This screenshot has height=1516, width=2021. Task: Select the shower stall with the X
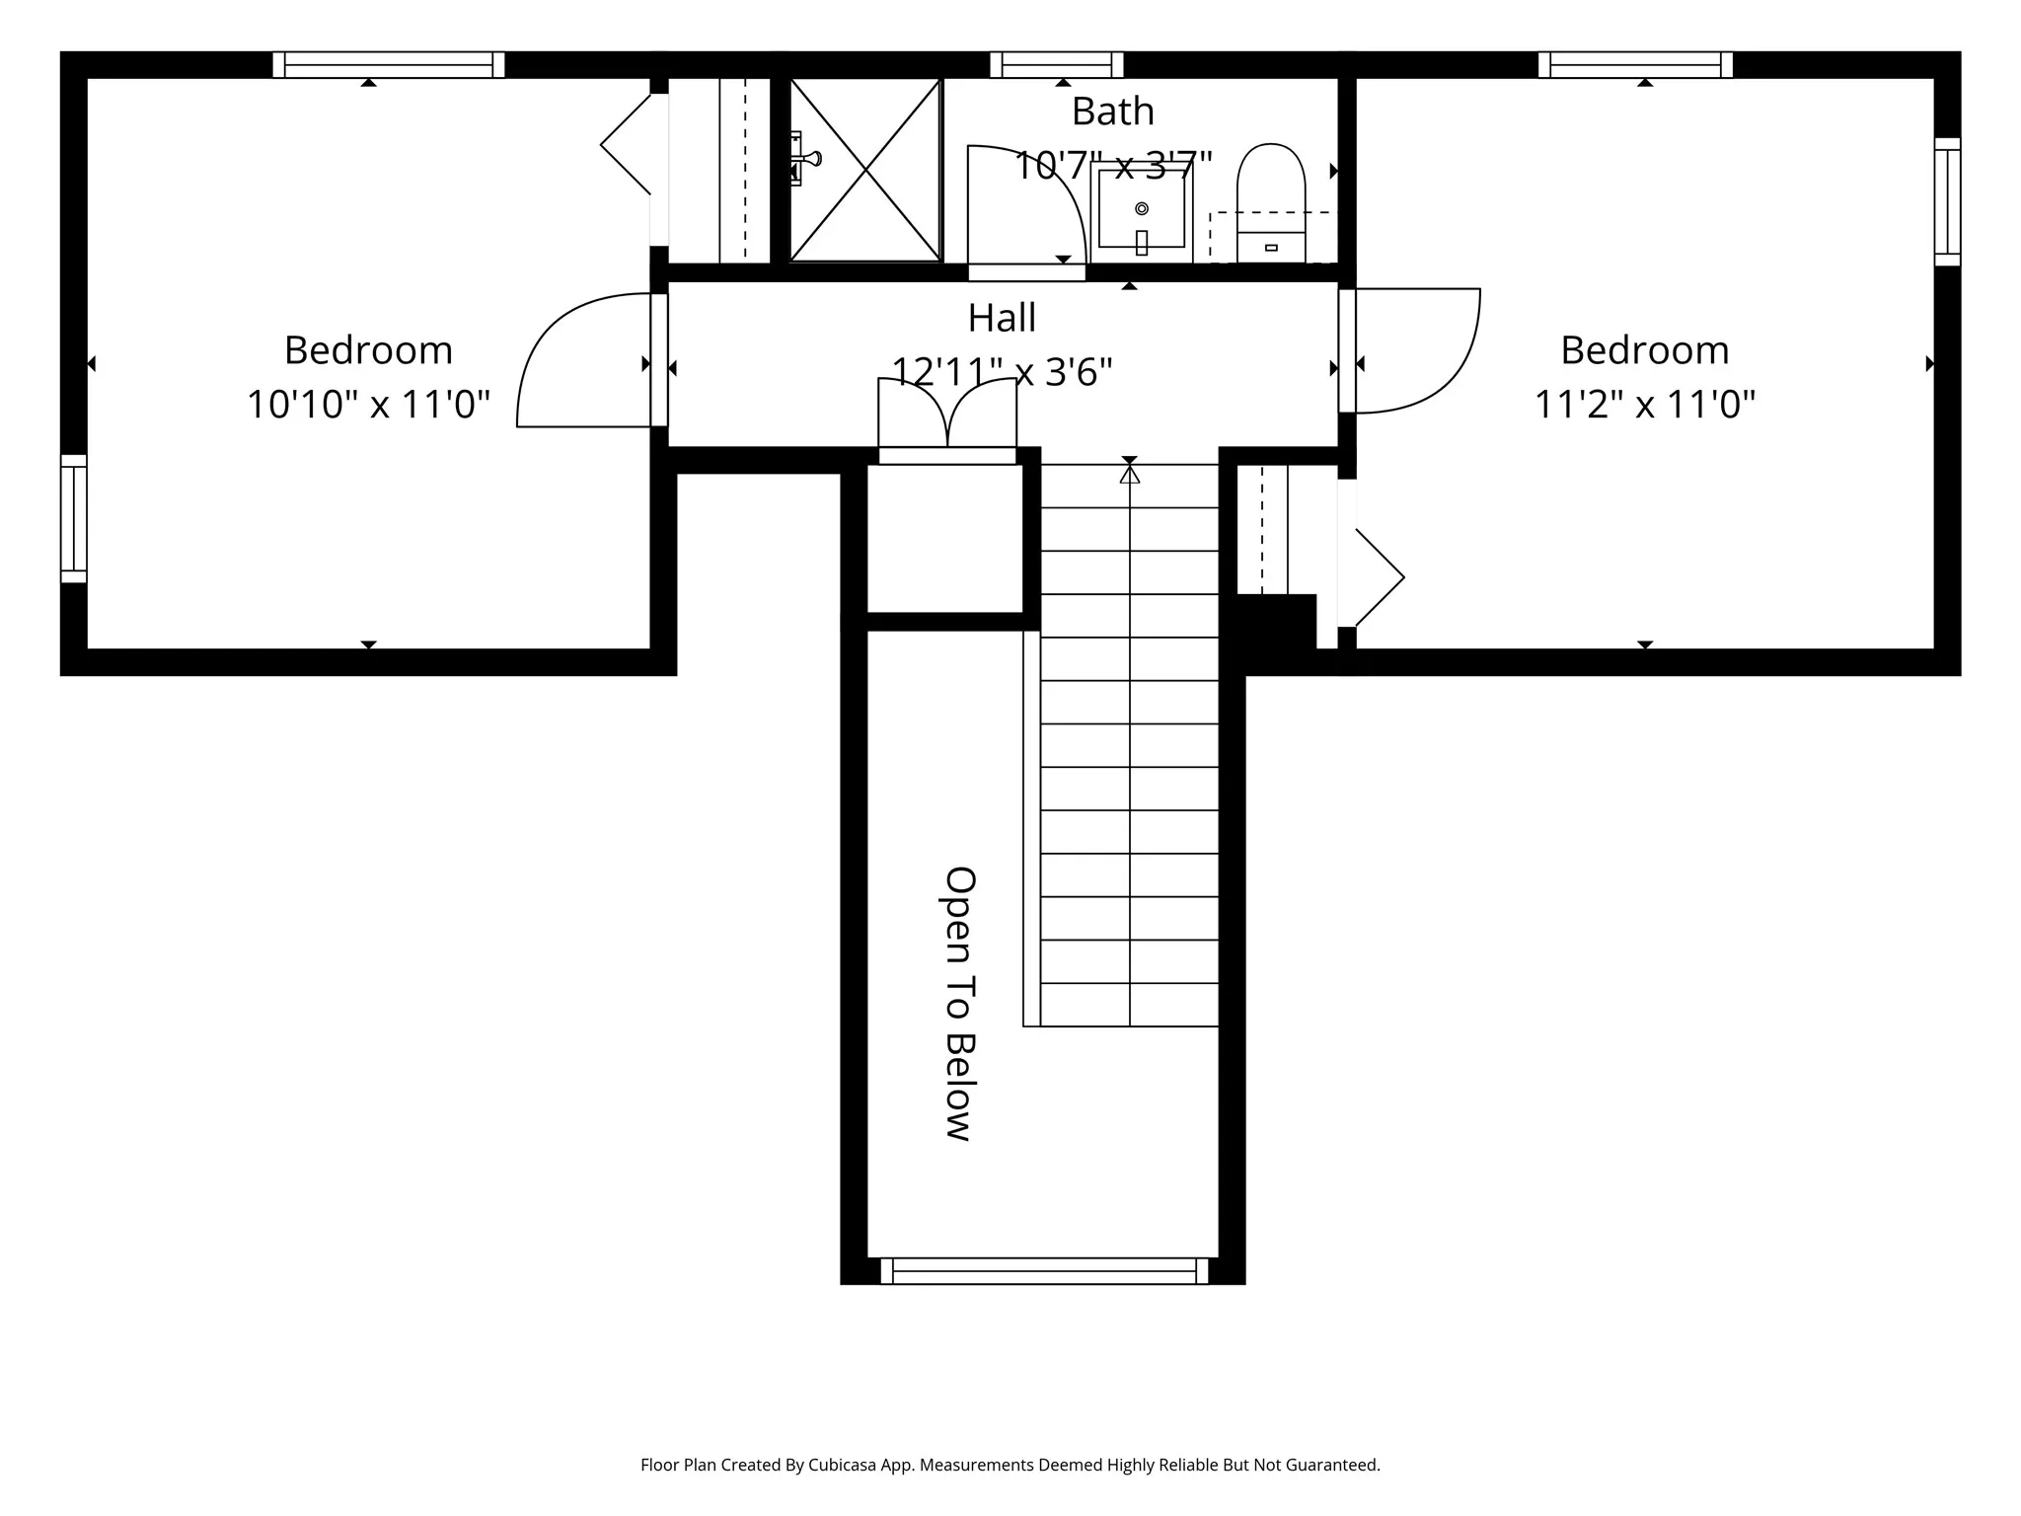[865, 170]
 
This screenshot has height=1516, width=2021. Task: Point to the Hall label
[1002, 318]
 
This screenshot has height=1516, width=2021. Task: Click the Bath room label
[1113, 112]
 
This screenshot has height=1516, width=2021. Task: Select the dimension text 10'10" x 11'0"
[368, 405]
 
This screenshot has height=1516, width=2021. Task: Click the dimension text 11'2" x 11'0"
[1645, 405]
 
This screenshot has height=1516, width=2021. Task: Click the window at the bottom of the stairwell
[1044, 1271]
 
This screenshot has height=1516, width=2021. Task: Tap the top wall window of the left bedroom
[389, 65]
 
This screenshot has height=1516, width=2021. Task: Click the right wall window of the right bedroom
[1947, 202]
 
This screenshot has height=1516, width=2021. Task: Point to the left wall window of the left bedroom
[74, 519]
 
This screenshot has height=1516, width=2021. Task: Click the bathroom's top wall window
[1057, 65]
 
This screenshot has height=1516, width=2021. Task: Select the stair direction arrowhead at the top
[1130, 474]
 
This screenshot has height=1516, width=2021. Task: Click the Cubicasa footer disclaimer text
[1010, 1466]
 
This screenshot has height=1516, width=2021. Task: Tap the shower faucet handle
[805, 159]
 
